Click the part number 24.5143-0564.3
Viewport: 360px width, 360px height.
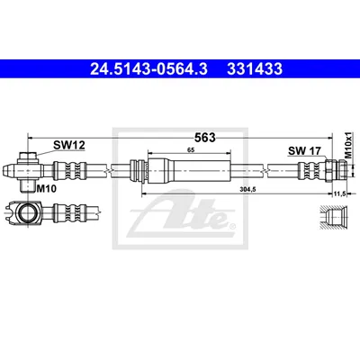(148, 68)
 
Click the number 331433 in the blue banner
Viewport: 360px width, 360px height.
(255, 68)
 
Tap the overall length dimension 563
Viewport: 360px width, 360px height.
(205, 138)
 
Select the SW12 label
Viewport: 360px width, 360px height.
(69, 145)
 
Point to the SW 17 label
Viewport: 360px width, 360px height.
(304, 151)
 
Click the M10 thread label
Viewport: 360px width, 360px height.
(46, 189)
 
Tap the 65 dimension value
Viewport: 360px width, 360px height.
(191, 150)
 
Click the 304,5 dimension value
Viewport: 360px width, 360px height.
(247, 189)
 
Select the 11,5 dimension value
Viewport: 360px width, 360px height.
(338, 194)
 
